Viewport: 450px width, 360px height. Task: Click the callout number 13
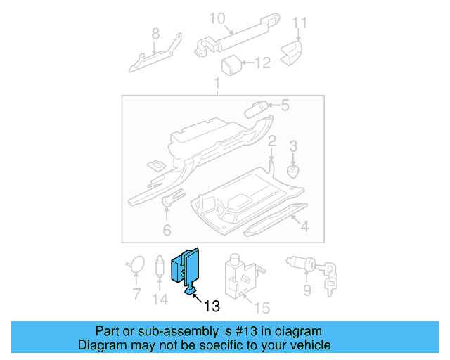[212, 307]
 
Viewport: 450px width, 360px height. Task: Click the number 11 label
[300, 23]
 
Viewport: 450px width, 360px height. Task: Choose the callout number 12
[262, 64]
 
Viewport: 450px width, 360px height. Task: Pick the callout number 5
[285, 106]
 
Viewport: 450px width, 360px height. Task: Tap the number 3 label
[294, 146]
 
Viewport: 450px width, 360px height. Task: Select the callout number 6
[167, 230]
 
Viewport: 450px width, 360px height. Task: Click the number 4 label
[304, 227]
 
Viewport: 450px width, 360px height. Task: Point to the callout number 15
[262, 307]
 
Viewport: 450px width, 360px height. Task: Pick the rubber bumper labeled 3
[292, 169]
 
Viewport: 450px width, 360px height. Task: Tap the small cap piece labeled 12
[231, 66]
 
